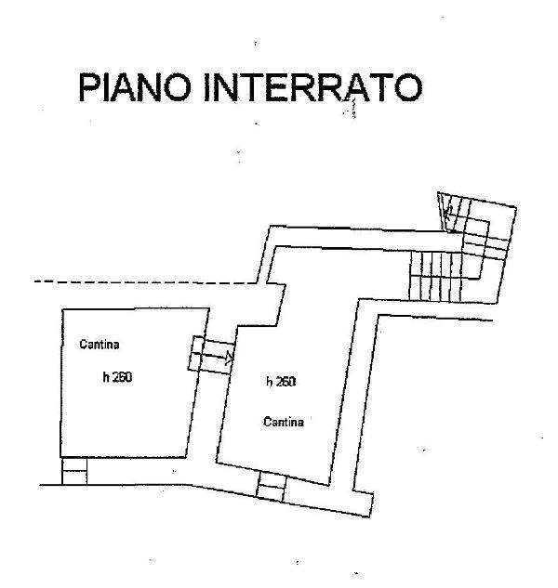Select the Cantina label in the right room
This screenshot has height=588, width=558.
[284, 422]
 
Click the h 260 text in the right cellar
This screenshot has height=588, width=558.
[280, 382]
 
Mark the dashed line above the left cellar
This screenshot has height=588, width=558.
[139, 281]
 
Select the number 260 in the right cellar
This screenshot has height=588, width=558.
[286, 382]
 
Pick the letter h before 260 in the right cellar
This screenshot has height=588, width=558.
[269, 382]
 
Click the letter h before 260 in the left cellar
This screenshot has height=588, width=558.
[106, 378]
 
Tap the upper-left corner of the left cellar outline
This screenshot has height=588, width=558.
[61, 308]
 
